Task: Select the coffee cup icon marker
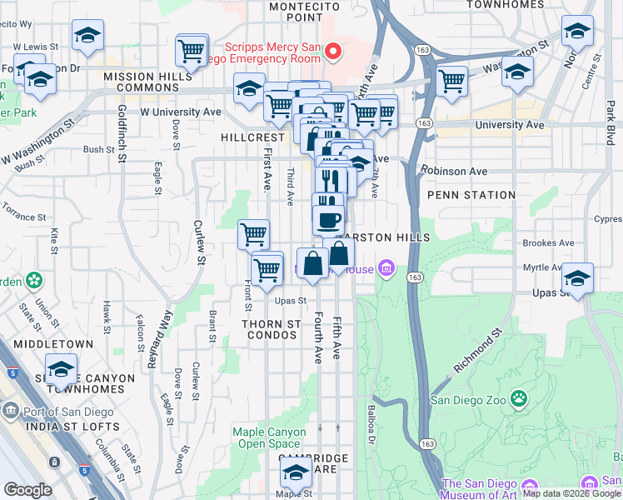coord(328,220)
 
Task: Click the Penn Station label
coord(471,195)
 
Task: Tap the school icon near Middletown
coord(61,368)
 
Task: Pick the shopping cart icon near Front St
coord(253,234)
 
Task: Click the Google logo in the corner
coord(27,490)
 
